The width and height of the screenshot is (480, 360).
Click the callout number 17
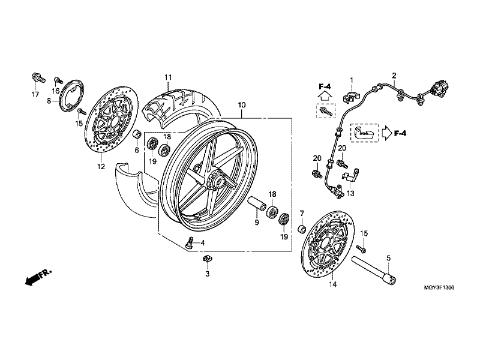tap(35, 95)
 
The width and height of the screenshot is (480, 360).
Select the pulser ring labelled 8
tap(73, 93)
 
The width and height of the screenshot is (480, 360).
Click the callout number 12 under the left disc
tap(101, 167)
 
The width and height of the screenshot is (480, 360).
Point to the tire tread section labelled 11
tap(181, 104)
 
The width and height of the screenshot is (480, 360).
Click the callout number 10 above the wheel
tap(242, 105)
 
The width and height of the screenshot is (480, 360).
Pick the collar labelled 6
tap(137, 134)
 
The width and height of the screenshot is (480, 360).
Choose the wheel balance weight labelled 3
tap(208, 259)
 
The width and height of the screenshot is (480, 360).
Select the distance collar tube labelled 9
tap(257, 203)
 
